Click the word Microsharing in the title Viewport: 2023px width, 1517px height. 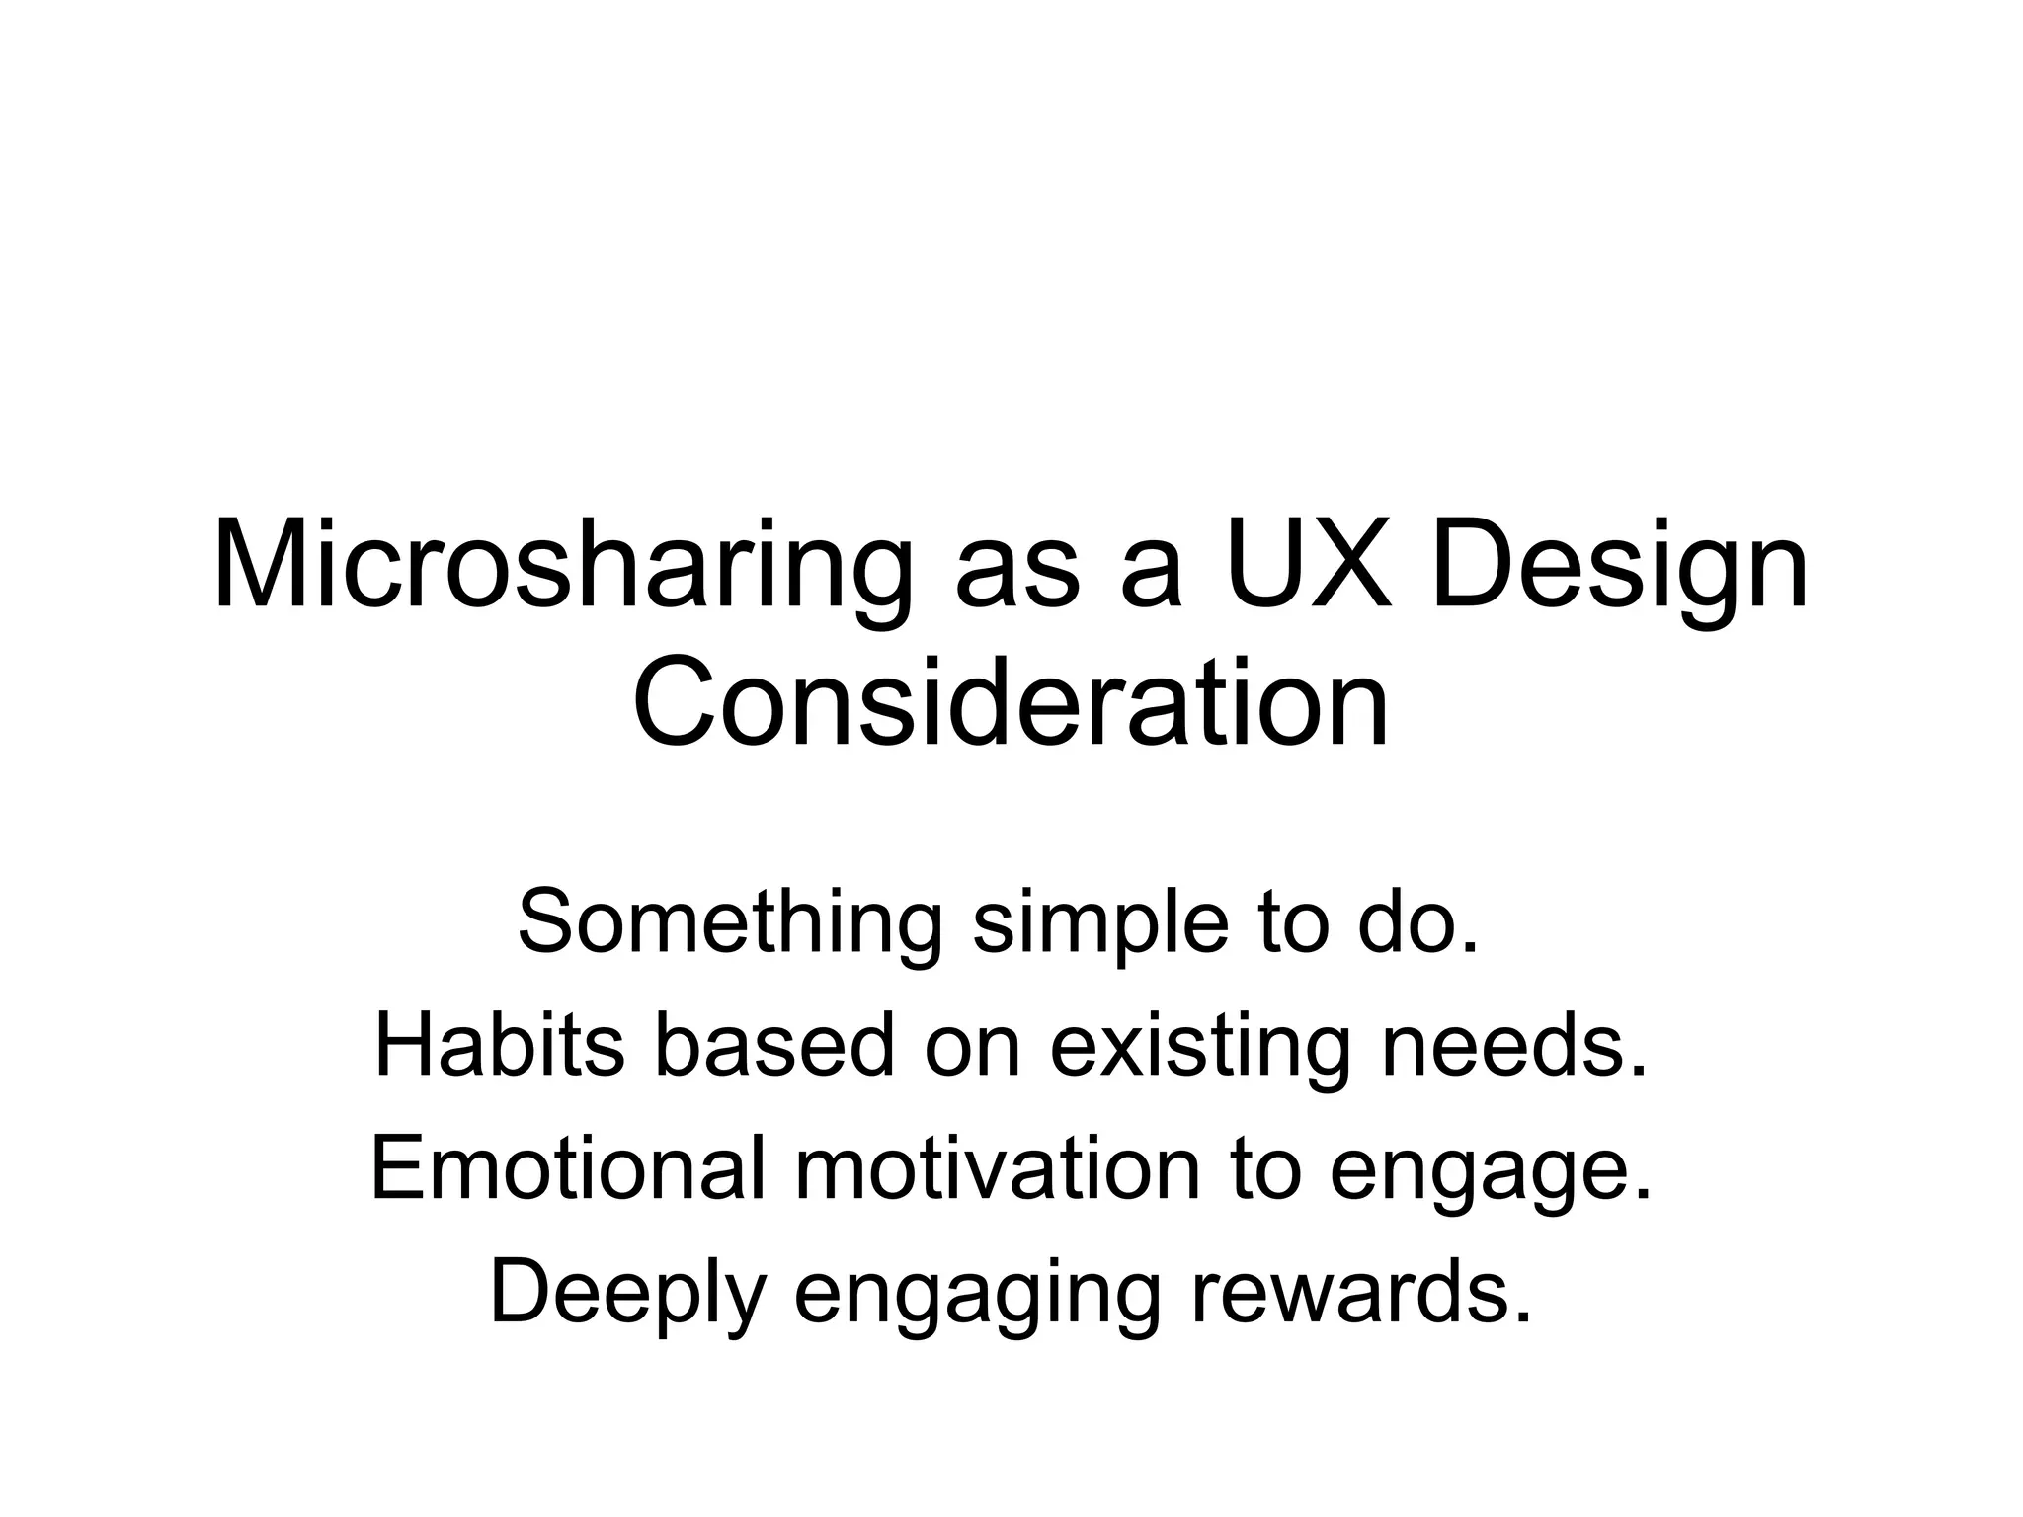pos(562,568)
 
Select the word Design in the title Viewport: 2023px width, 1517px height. pos(1619,568)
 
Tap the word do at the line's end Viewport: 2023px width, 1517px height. pos(1418,921)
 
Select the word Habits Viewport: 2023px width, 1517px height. pos(500,1044)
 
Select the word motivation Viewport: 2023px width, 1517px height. pos(999,1167)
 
